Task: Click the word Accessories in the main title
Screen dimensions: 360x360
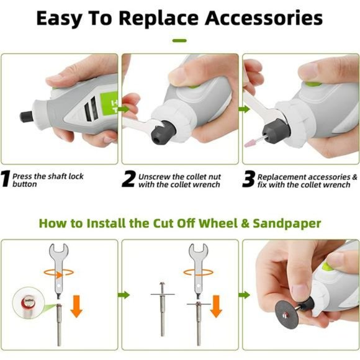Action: coord(264,18)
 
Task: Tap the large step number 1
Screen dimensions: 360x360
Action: coord(5,178)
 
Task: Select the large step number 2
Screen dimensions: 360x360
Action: coord(129,179)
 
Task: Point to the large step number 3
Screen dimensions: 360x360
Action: coord(249,179)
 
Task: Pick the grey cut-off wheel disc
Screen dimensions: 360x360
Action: coord(286,315)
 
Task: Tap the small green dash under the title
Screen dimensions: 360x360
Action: coord(179,40)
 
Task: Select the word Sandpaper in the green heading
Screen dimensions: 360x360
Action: coord(287,223)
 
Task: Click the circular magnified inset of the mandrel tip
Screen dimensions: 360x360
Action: coord(28,303)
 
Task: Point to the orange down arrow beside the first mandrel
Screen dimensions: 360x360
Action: coord(76,306)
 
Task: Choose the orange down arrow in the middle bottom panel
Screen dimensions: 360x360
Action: coord(216,306)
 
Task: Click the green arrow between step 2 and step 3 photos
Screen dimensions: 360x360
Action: coord(245,109)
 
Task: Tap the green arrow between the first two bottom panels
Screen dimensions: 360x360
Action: coord(124,295)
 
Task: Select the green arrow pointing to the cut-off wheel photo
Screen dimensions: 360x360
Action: coord(245,295)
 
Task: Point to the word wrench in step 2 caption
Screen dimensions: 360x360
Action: coord(207,184)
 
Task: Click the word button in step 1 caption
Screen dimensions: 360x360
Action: coord(25,184)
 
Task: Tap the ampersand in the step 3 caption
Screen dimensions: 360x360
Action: coord(355,177)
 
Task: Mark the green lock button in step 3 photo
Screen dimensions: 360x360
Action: coord(313,84)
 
